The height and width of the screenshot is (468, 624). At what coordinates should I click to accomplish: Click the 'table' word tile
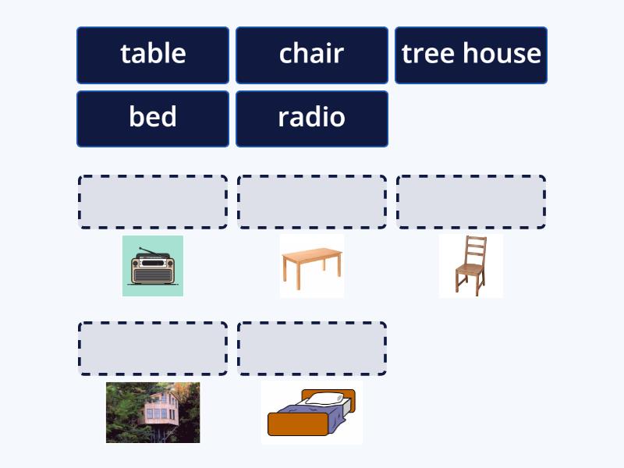pos(153,55)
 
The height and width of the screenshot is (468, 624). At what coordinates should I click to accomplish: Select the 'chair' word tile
pos(312,55)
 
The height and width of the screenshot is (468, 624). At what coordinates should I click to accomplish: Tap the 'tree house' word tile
pos(471,55)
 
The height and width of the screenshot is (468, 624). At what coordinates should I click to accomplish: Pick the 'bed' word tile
pos(153,119)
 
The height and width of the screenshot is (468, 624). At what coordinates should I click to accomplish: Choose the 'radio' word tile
pos(312,119)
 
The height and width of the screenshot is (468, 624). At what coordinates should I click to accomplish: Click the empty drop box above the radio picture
pos(153,202)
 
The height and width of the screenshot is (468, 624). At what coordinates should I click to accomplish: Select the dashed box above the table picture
pos(312,202)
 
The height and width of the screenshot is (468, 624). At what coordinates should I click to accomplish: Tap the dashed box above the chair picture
pos(471,202)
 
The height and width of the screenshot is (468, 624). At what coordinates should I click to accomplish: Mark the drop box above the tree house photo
pos(153,349)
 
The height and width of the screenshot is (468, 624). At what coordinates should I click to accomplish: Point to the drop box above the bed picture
pos(312,349)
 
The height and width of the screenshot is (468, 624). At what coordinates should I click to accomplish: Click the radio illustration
pos(153,266)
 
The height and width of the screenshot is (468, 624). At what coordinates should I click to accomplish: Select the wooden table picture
pos(312,266)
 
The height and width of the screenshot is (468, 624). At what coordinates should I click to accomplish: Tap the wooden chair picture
pos(471,266)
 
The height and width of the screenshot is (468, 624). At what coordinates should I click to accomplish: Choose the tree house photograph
pos(153,413)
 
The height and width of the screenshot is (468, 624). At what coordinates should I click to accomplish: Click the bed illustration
pos(312,413)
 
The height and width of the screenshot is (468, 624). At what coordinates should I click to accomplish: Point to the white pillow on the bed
pos(324,398)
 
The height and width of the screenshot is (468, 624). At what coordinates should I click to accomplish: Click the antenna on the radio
pos(151,251)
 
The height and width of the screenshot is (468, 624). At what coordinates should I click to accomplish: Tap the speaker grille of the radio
pos(153,275)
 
